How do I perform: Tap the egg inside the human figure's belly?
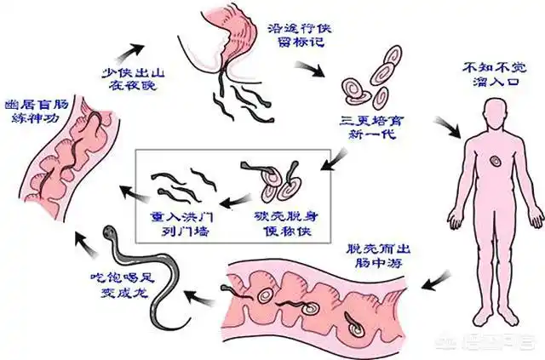pyautogui.click(x=493, y=162)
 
